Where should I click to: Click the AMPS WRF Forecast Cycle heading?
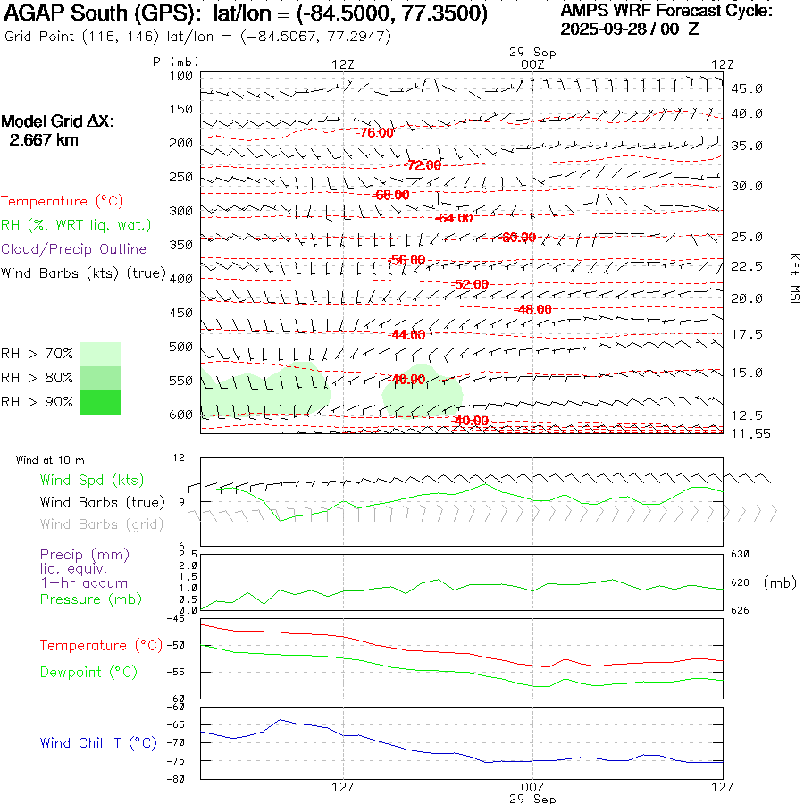pos(666,11)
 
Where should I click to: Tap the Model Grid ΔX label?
pos(58,122)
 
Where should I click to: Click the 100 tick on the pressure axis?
pos(181,75)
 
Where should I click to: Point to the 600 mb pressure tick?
pos(181,415)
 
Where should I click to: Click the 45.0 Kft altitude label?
pos(746,88)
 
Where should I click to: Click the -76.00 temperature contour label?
pos(375,133)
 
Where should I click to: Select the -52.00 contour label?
pos(470,284)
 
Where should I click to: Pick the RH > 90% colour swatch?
pos(99,402)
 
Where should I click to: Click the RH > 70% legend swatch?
pos(99,354)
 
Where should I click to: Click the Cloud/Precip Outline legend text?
pos(74,249)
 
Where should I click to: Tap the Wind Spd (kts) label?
pos(91,481)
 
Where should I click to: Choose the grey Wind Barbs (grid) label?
pos(101,524)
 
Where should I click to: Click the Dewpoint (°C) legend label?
pos(83,672)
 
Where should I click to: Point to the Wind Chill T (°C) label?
pos(97,743)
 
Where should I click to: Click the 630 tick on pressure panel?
pos(741,555)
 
